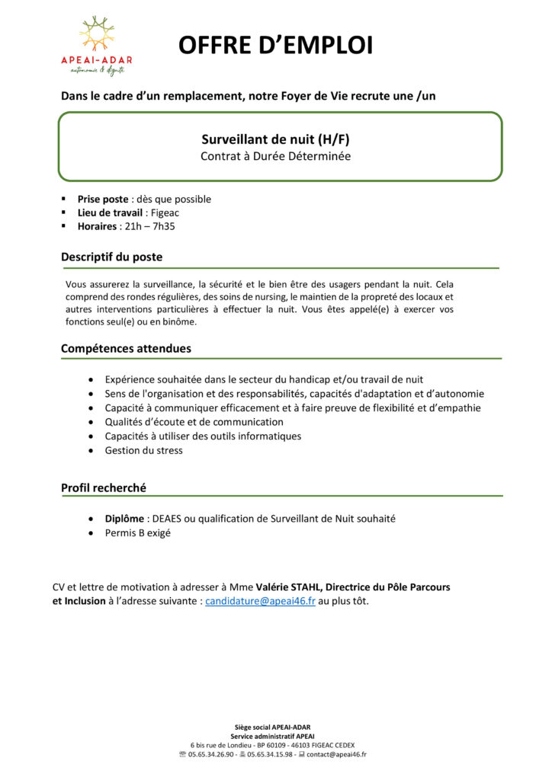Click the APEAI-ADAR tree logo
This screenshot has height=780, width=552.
tap(97, 36)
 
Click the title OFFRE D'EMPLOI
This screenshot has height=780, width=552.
tap(276, 46)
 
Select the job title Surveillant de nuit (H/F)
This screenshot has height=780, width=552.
tap(276, 139)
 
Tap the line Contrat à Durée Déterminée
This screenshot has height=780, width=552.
tap(276, 156)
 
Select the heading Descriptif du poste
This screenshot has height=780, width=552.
tap(111, 257)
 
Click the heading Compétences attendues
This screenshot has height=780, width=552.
tap(126, 348)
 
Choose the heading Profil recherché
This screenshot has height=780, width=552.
tap(104, 487)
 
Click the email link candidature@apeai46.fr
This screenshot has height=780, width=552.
tap(260, 601)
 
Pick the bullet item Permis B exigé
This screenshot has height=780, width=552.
tap(137, 533)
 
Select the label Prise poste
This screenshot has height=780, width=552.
tap(103, 199)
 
